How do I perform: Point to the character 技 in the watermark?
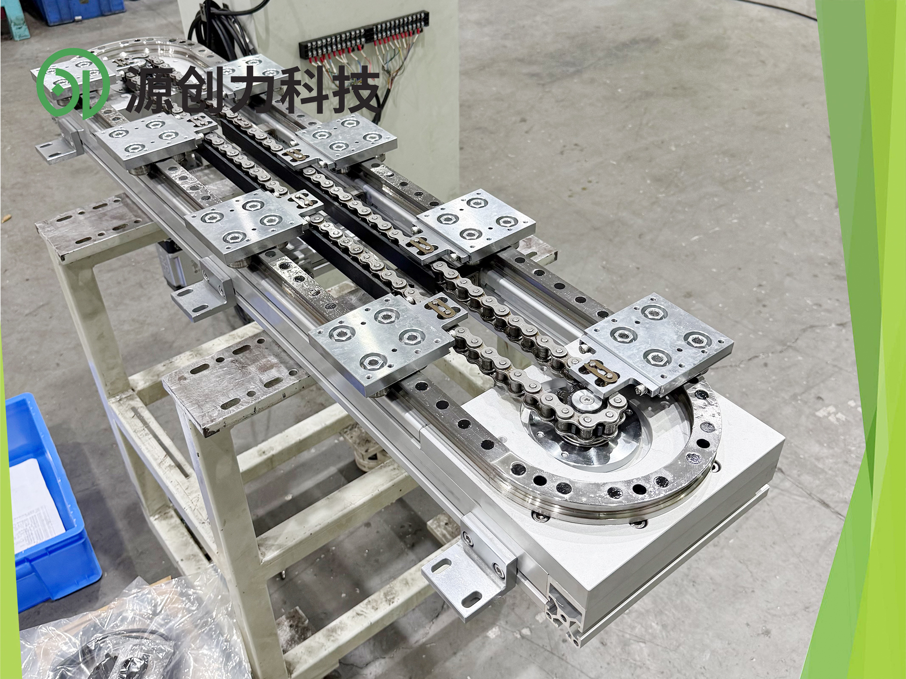click(x=356, y=89)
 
